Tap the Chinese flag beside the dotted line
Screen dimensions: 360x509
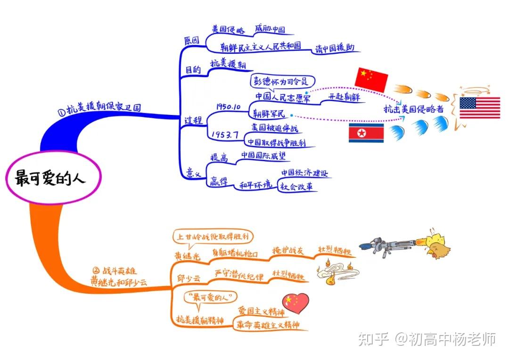371,79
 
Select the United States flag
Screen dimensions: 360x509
480,108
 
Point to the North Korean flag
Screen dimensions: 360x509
366,133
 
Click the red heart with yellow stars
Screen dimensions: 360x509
295,302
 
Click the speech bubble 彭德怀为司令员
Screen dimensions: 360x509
282,81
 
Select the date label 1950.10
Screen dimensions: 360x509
229,106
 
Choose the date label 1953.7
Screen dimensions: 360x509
224,134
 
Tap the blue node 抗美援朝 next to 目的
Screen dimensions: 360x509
228,64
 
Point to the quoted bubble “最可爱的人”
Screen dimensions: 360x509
210,297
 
